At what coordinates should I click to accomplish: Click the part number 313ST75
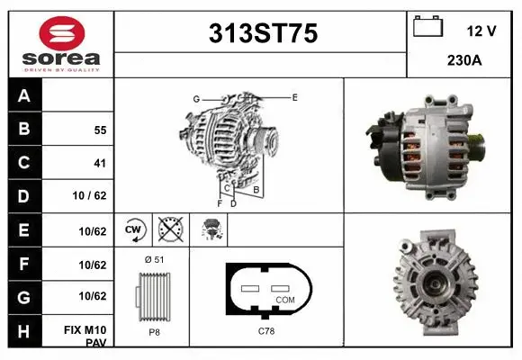(x=263, y=33)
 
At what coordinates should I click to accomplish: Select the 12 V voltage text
(x=481, y=30)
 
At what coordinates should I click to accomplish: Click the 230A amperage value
(x=463, y=61)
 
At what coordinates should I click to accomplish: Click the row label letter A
(x=24, y=95)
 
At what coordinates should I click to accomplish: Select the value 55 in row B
(x=100, y=130)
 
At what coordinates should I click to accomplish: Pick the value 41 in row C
(x=100, y=163)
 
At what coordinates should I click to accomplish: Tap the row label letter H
(x=24, y=331)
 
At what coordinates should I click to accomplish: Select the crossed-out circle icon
(x=170, y=230)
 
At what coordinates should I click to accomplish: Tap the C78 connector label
(x=267, y=332)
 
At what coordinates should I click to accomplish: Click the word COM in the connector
(x=284, y=299)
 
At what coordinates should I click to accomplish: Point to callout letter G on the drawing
(x=195, y=98)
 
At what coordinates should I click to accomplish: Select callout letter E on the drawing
(x=294, y=95)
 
